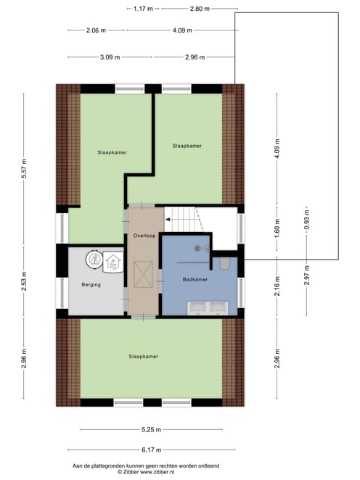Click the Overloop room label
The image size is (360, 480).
pos(144,236)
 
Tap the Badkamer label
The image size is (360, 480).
pos(195,279)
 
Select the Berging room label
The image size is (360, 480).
pos(91,285)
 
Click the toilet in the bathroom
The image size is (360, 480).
pos(224,264)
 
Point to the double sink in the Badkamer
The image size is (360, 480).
pos(208,308)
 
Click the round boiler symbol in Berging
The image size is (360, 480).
pos(94,260)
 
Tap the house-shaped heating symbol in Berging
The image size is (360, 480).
pos(113,262)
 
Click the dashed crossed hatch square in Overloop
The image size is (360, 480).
pos(144,275)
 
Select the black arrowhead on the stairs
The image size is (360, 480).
pos(168,219)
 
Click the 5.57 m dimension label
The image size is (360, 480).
pos(24,168)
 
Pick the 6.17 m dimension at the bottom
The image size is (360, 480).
pos(152,450)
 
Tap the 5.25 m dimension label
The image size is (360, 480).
pos(152,430)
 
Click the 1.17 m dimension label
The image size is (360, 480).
pos(143,9)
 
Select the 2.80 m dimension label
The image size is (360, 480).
pos(200,9)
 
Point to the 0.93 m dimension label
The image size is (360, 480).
pos(307,220)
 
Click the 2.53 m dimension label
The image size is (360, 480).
pos(24,281)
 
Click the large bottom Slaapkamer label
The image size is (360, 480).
pos(144,357)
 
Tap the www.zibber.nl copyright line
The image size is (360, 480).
pos(146,472)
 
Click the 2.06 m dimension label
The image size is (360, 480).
pos(97,30)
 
